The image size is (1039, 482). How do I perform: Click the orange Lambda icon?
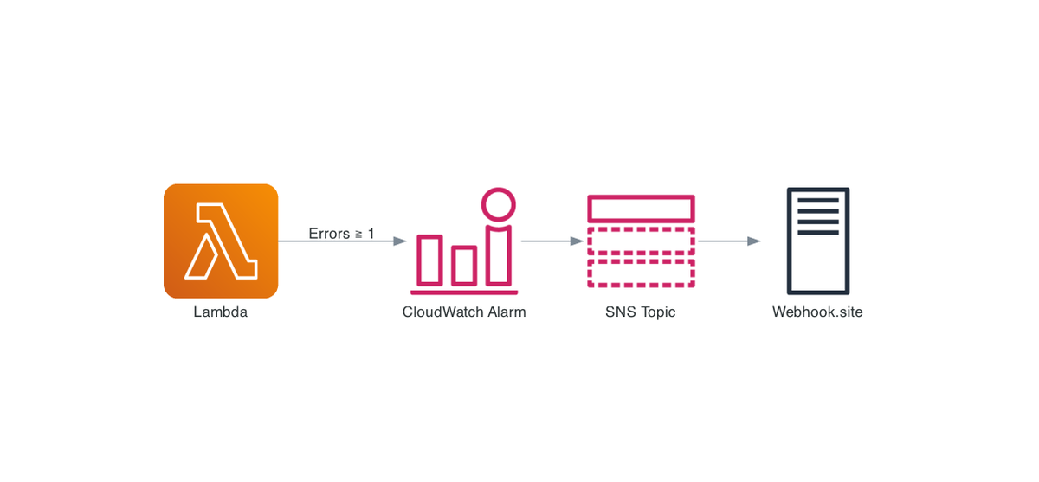(x=221, y=241)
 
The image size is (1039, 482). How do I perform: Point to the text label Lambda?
(x=220, y=312)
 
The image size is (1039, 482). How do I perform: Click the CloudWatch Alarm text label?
(x=464, y=312)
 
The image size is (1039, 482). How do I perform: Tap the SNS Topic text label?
(x=640, y=312)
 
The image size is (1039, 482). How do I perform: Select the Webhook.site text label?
(x=817, y=312)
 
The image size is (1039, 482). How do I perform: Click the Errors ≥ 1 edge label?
(x=341, y=234)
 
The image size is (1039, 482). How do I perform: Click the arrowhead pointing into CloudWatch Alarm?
(x=400, y=241)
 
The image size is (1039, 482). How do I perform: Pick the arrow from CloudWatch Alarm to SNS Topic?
(x=552, y=241)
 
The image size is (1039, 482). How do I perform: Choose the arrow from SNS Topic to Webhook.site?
(x=729, y=241)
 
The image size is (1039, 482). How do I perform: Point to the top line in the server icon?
(x=818, y=201)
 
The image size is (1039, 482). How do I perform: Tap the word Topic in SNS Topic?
(x=658, y=312)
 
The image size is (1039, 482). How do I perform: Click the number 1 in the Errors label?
(x=371, y=234)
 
